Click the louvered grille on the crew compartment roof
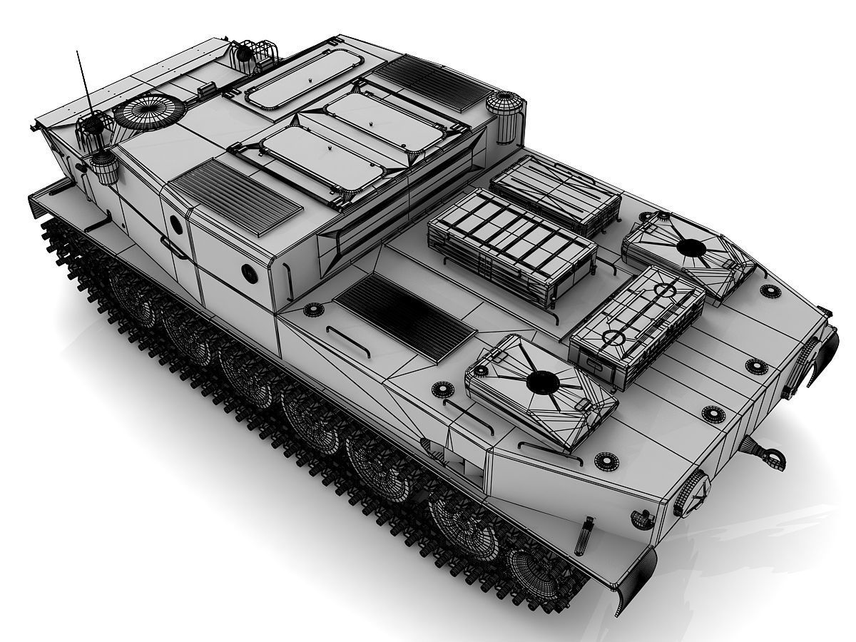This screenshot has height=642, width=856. point(235,196)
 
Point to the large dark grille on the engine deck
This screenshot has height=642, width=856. point(404,316)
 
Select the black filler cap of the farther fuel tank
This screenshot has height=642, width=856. point(690,248)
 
